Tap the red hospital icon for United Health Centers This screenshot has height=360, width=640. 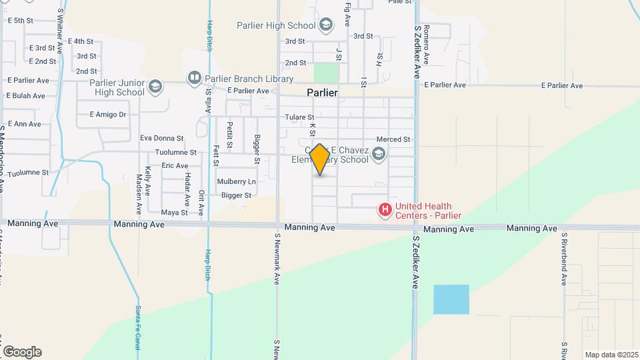(385, 211)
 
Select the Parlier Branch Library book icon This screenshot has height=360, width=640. (194, 78)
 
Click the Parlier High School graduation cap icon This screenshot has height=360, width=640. (326, 26)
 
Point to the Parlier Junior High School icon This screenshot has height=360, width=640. (155, 87)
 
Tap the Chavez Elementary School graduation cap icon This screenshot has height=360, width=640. (379, 155)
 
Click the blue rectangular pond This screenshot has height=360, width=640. (451, 299)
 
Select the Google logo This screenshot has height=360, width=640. (22, 351)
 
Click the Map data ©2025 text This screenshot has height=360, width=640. (611, 355)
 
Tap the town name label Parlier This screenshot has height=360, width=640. (322, 93)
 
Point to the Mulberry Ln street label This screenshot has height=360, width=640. (237, 181)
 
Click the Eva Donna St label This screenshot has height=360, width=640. (161, 138)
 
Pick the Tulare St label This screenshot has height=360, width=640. (299, 117)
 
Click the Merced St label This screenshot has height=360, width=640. (393, 139)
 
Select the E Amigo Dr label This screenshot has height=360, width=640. (108, 115)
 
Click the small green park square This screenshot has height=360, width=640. (326, 73)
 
